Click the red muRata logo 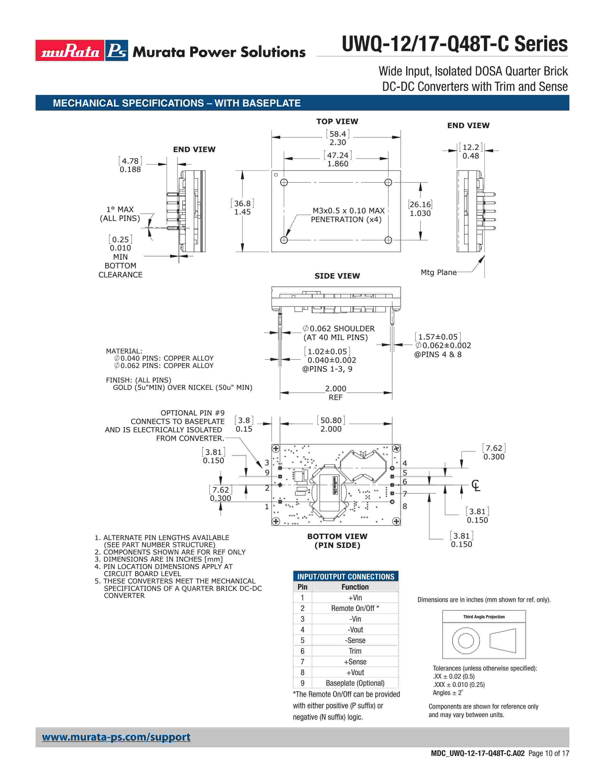(x=70, y=51)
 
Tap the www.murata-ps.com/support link (x=116, y=737)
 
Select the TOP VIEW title (x=337, y=121)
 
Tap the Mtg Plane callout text (x=438, y=272)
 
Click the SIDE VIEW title (x=337, y=276)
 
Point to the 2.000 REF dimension (x=335, y=393)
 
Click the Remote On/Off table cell (x=355, y=608)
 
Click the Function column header (x=355, y=587)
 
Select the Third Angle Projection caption (x=484, y=617)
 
